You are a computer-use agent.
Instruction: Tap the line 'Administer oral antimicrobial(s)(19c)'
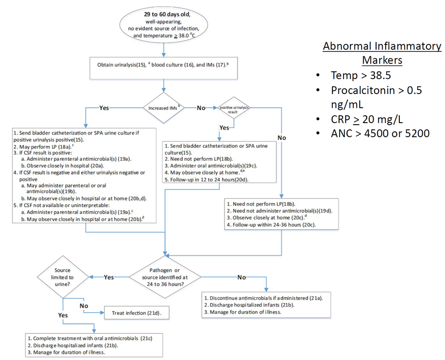213,165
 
